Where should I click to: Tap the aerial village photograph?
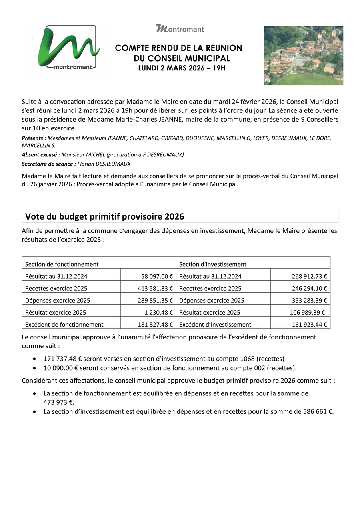304,56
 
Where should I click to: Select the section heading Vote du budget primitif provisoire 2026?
105,216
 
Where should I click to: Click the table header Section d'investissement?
213,264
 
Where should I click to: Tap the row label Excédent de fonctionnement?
64,324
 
